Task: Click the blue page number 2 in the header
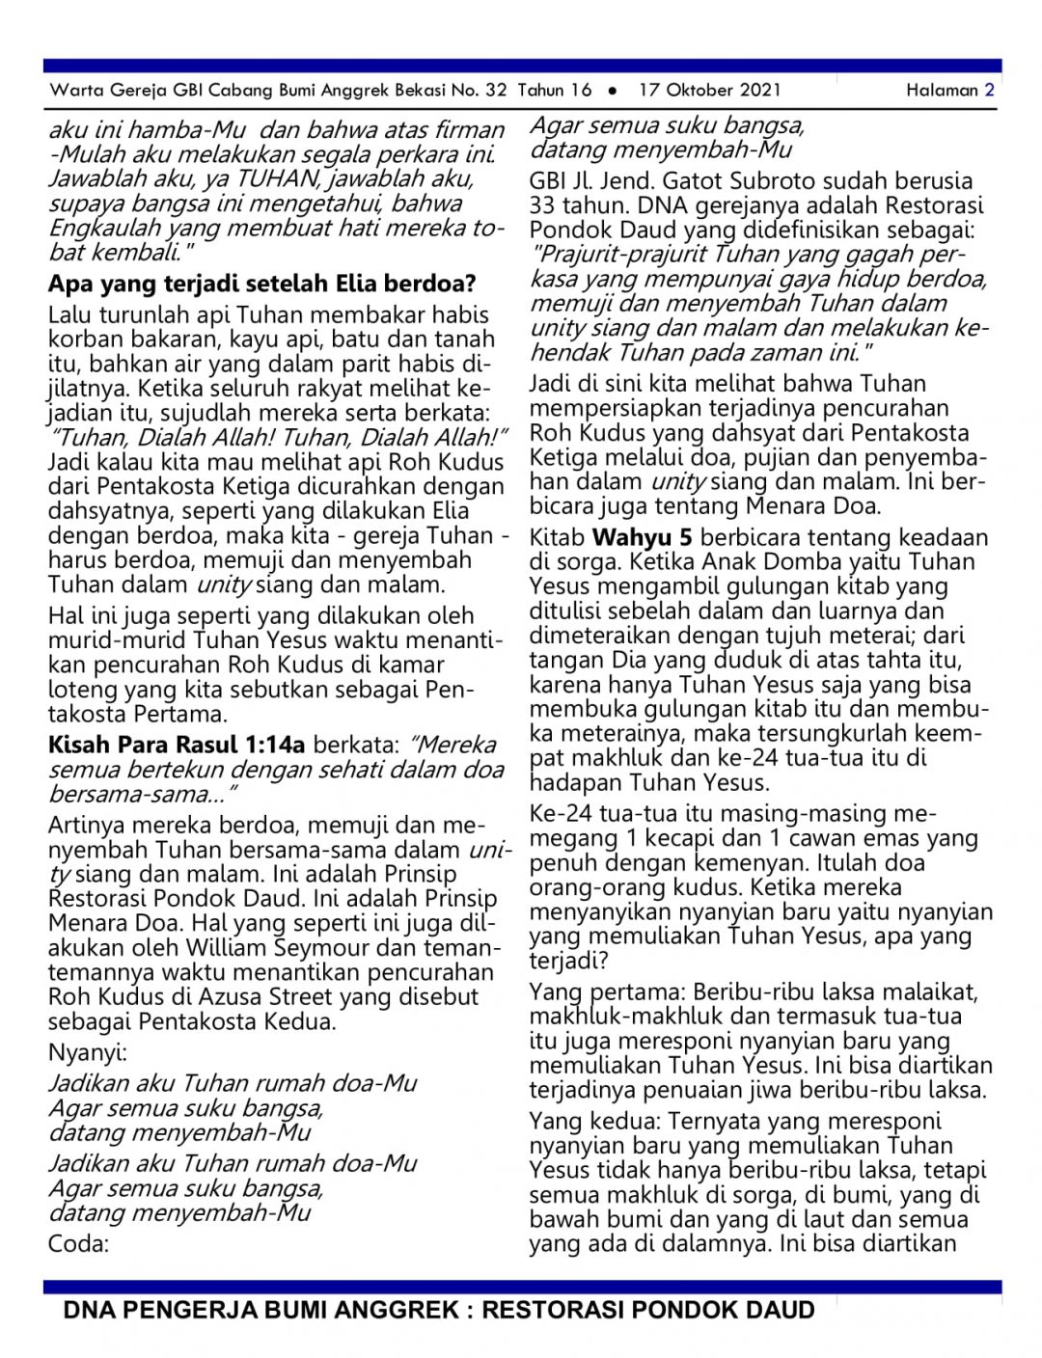(989, 91)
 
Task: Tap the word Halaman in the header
(942, 91)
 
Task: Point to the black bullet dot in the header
(613, 91)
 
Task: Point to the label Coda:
(78, 1243)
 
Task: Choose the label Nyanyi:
(88, 1053)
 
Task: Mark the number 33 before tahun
(544, 205)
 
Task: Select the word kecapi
(684, 838)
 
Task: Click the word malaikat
(926, 991)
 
